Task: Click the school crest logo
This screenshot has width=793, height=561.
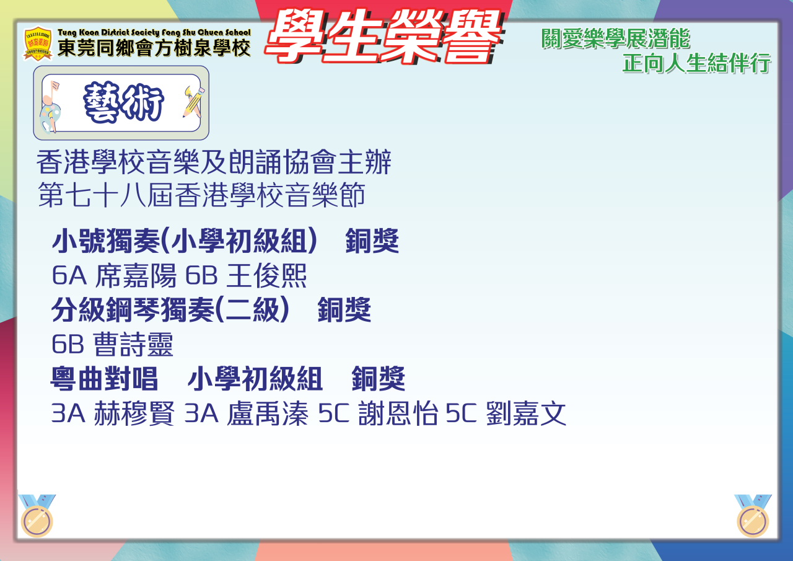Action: (x=38, y=44)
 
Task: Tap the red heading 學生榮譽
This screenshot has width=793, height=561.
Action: (x=383, y=37)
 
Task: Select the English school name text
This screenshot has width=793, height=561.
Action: (x=154, y=33)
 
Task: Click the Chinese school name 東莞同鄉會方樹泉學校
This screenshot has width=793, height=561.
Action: (x=154, y=48)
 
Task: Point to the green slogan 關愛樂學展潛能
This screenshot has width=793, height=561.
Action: (x=616, y=38)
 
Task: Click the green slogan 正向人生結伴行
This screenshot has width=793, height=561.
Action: (x=697, y=63)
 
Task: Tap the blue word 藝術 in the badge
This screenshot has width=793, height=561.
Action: (x=123, y=102)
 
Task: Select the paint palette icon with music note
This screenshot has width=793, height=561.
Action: (x=50, y=108)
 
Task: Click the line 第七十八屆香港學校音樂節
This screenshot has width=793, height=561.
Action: (x=201, y=195)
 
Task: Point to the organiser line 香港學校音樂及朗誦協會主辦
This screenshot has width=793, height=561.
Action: (x=214, y=162)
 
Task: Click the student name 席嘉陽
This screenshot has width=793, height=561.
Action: (x=136, y=275)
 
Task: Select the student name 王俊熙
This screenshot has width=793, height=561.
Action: (x=266, y=275)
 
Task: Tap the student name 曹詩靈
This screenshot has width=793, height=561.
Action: (x=133, y=344)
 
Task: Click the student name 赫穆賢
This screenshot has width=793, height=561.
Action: (x=134, y=413)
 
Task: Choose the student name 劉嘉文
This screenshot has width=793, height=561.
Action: (x=526, y=413)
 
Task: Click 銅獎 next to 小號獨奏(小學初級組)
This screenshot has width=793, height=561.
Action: (x=372, y=241)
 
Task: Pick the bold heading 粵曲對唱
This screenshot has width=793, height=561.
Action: (x=104, y=379)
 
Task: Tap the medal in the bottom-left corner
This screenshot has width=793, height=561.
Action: (x=37, y=515)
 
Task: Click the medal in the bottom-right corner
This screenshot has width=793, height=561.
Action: (x=753, y=515)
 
